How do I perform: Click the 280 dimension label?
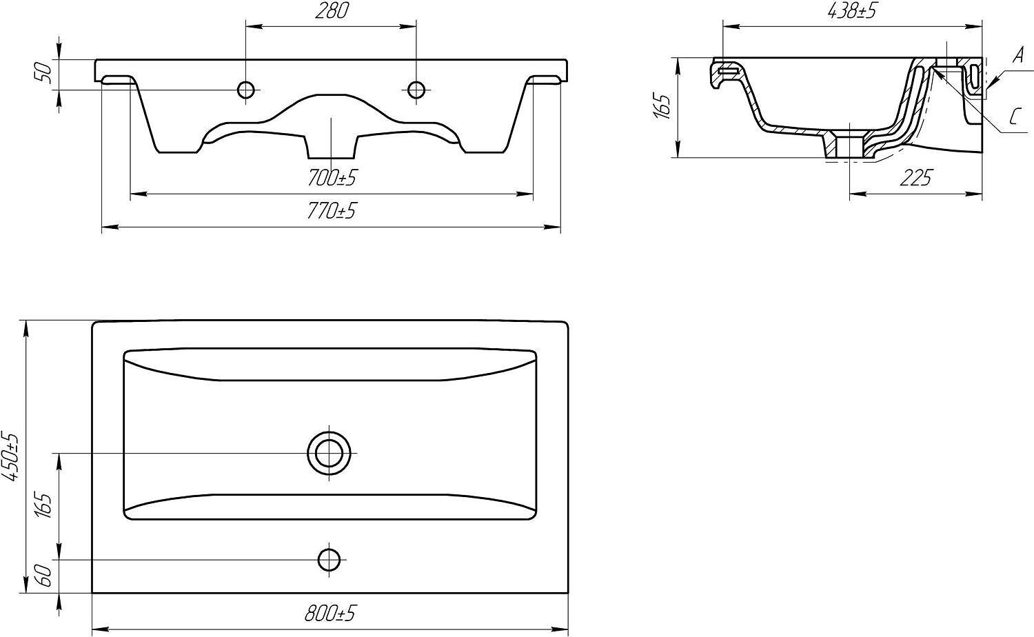tap(332, 11)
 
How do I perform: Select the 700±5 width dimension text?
tap(332, 178)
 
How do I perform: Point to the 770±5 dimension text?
tap(332, 212)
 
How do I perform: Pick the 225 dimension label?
tap(916, 178)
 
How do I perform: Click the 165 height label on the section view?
tap(663, 107)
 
